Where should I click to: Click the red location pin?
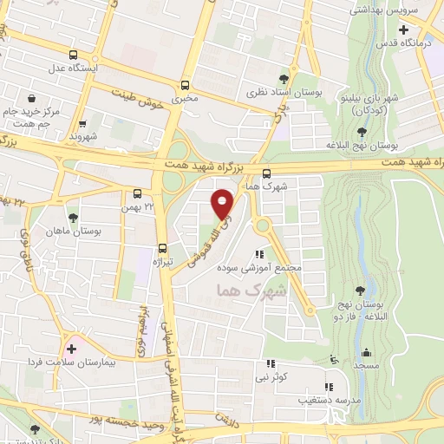224,203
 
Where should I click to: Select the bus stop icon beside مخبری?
185,85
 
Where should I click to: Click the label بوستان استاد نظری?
266,91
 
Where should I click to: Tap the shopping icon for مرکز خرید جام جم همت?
32,99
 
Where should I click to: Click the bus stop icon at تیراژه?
163,247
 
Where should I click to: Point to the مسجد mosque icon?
366,354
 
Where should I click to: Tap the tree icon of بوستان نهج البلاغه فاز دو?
360,291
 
